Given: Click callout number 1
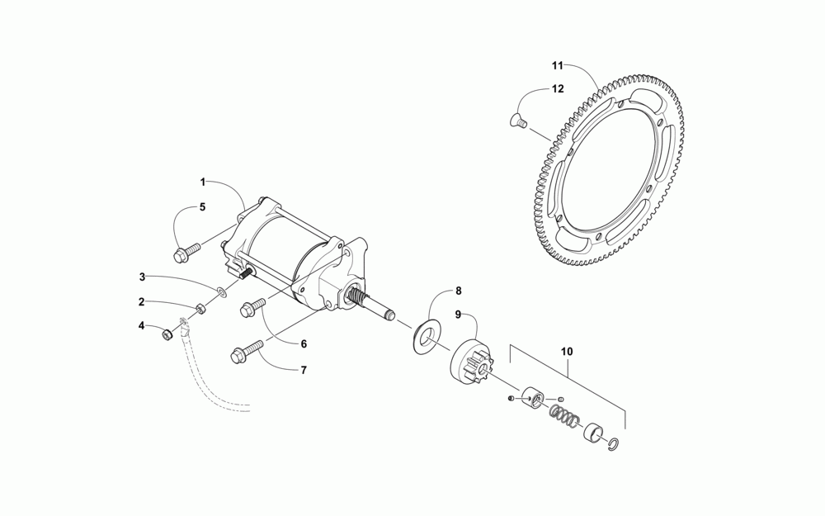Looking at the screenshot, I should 202,181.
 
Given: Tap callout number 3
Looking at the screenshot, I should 142,277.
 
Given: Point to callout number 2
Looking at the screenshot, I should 142,301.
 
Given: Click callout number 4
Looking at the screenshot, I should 142,326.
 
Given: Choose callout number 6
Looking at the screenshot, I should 303,343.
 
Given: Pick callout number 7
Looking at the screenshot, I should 303,370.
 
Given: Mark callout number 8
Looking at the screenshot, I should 459,290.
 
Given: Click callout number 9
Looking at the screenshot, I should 459,315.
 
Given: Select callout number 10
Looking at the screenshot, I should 567,351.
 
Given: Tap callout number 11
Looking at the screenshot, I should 557,64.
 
